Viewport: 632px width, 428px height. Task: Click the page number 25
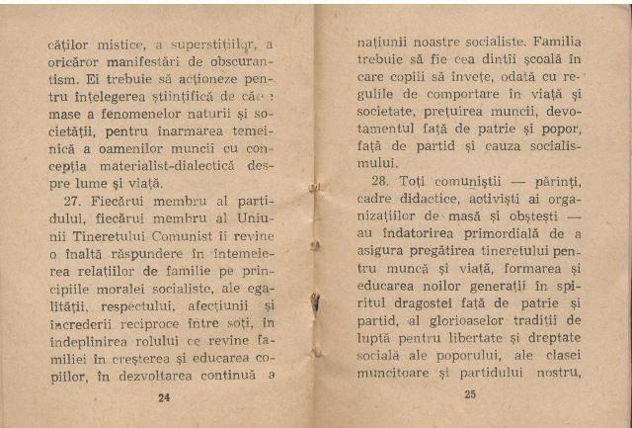(x=469, y=395)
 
